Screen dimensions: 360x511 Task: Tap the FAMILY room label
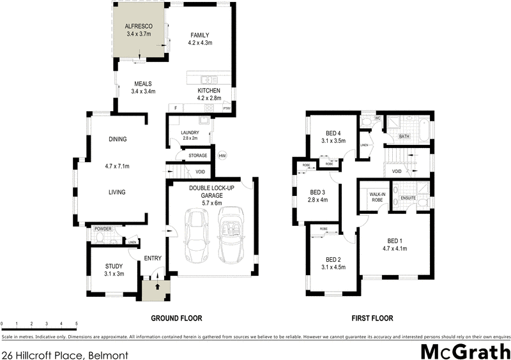200,35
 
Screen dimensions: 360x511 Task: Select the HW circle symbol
222,156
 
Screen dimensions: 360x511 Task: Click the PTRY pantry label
226,109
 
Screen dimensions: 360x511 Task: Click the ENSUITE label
409,199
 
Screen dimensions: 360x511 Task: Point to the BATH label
404,136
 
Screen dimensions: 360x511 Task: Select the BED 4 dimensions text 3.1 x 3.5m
333,140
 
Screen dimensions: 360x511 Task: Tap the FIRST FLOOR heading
372,318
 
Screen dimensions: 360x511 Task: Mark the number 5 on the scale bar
76,323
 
